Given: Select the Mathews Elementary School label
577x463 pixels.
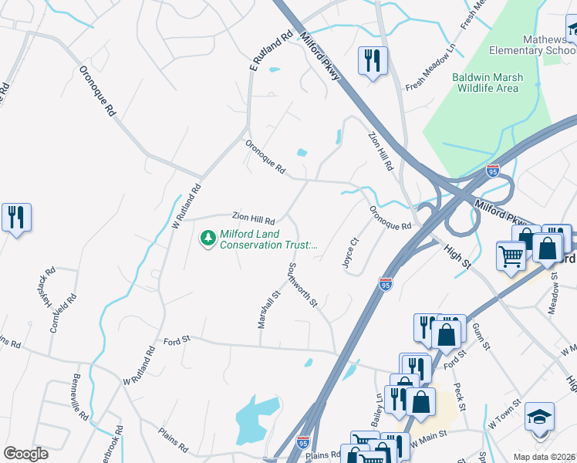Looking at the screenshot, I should pos(532,45).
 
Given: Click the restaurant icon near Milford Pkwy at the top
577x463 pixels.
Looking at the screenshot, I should pos(373,61).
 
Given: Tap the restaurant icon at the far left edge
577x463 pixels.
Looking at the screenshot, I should pos(16,217).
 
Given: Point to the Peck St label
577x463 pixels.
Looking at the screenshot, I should pos(461,397).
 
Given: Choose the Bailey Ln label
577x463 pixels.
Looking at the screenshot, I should pos(380,405).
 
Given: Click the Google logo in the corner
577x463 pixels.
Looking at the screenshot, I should pos(25,454).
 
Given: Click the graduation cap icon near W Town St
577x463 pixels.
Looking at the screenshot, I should pos(539,416).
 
